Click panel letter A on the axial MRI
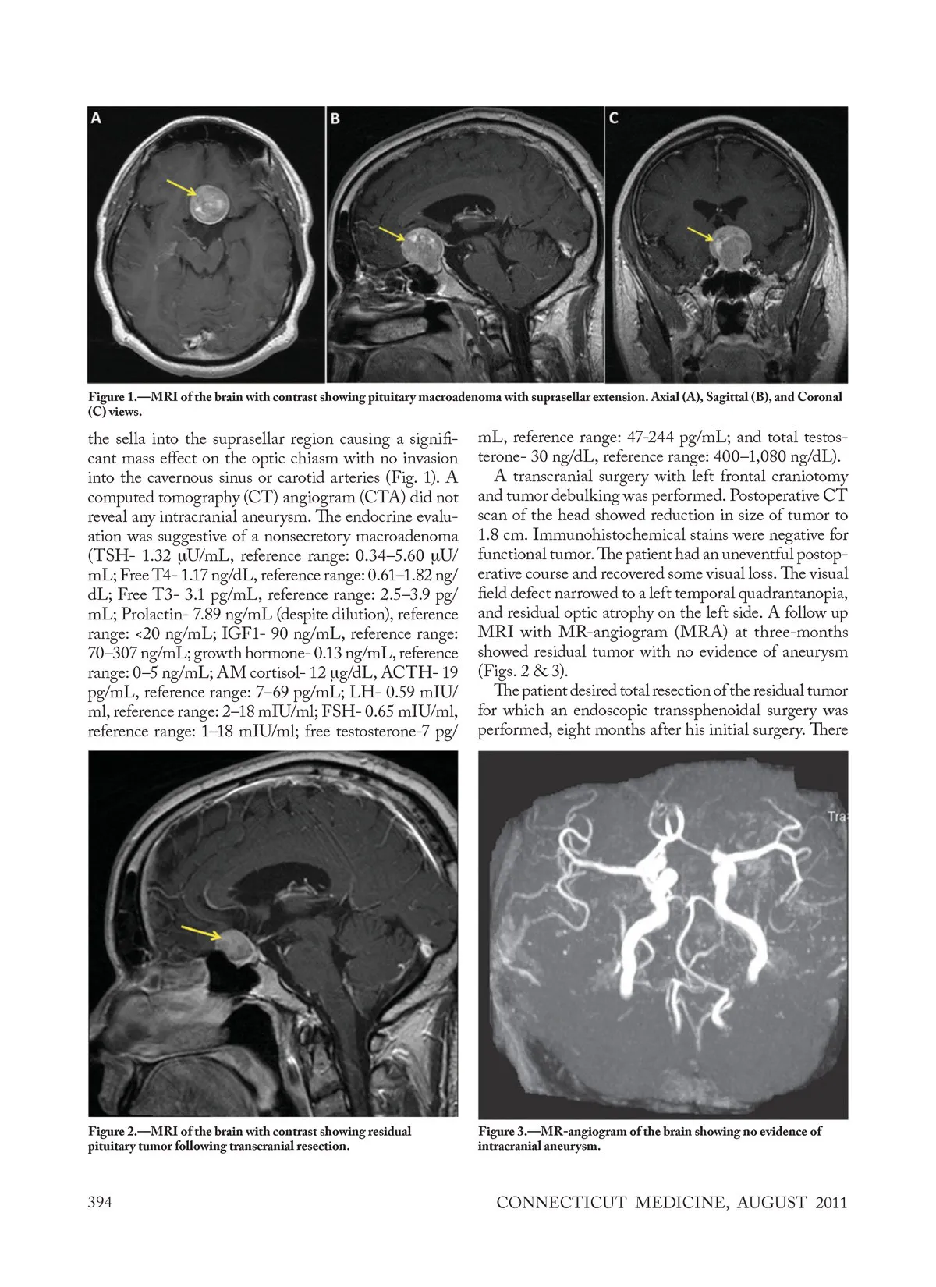click(96, 118)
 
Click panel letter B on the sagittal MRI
click(335, 119)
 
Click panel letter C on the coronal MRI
click(614, 119)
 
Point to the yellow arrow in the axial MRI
click(181, 188)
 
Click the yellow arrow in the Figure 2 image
click(201, 933)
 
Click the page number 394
click(100, 1202)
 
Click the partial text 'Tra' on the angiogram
click(838, 817)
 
